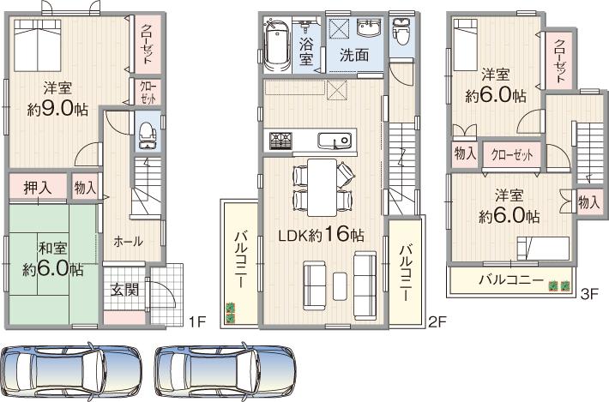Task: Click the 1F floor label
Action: (x=197, y=321)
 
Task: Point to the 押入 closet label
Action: (x=37, y=186)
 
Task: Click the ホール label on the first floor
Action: (x=128, y=242)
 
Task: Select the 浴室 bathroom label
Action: (x=305, y=51)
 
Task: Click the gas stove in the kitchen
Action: (x=280, y=140)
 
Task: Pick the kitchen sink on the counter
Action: (x=330, y=141)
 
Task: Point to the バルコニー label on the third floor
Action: (x=510, y=280)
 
